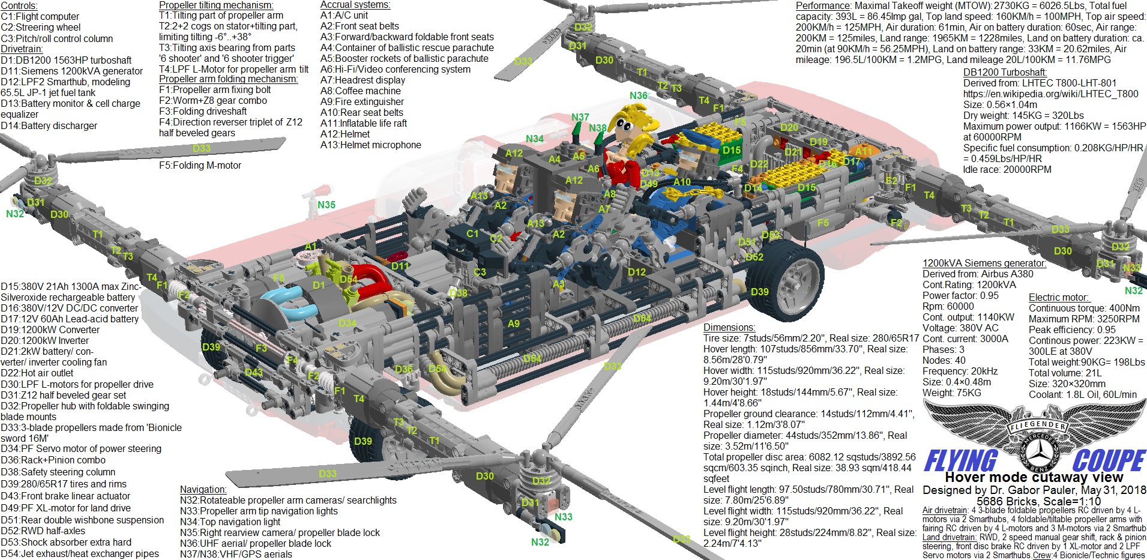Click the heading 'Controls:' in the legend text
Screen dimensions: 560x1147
[x=19, y=5]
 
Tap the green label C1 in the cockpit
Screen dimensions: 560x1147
[x=473, y=233]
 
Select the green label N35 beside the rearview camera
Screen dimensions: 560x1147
[x=326, y=205]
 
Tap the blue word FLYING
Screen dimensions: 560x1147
[x=960, y=461]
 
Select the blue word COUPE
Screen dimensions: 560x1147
[x=1108, y=461]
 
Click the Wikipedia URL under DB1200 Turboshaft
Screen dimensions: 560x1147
[x=1050, y=94]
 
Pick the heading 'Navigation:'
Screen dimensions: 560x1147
[x=203, y=489]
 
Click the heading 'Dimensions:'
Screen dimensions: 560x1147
[x=729, y=327]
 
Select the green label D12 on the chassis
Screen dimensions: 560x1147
[x=636, y=272]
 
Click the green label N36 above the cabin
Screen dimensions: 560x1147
[x=638, y=95]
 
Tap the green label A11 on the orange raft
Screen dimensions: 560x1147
[x=863, y=151]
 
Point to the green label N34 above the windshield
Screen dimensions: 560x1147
[x=534, y=139]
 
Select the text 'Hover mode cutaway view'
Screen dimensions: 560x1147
[x=1034, y=477]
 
